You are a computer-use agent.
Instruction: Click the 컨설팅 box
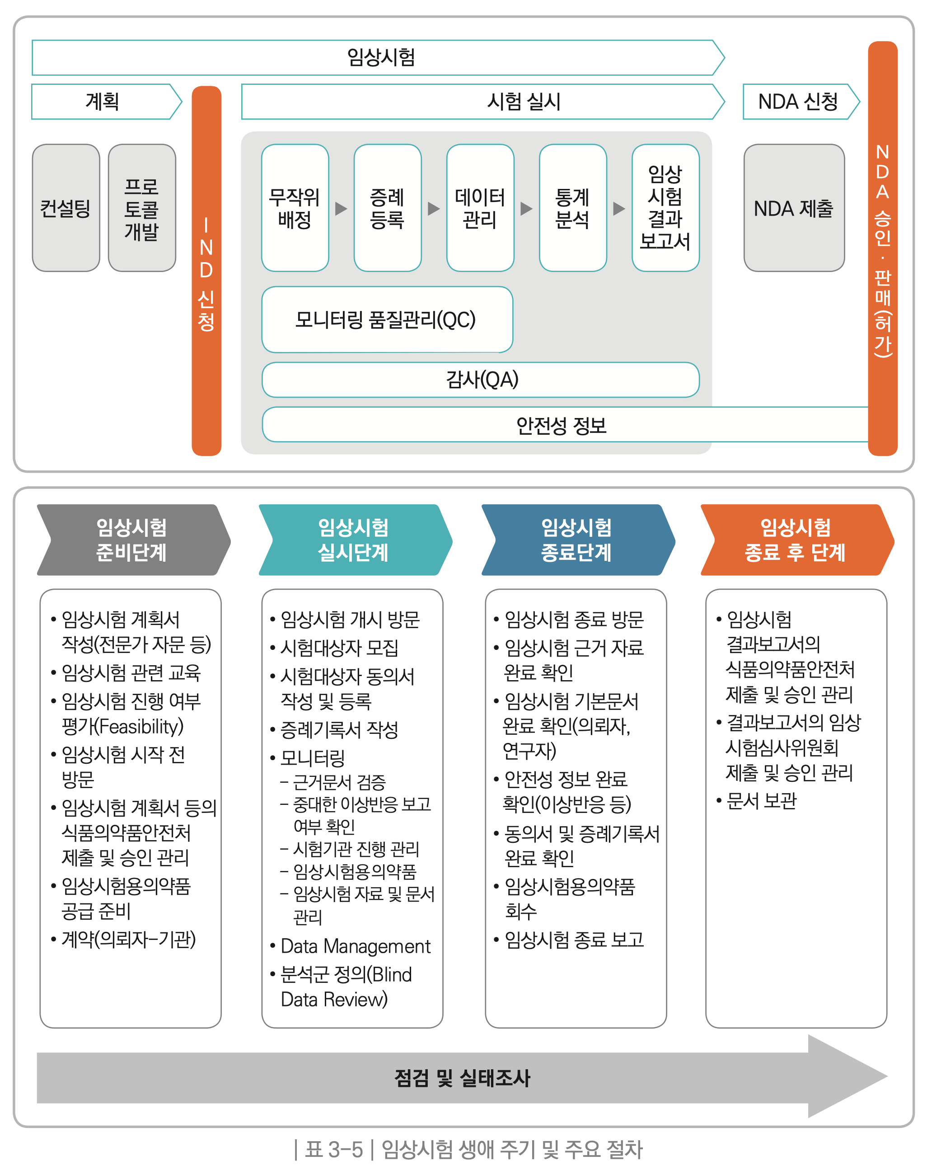(x=66, y=208)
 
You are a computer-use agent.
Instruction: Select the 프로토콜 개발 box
(x=142, y=208)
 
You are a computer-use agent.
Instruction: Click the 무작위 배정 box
(x=295, y=208)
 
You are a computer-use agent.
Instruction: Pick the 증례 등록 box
(x=387, y=208)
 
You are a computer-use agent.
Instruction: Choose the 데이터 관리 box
(x=480, y=208)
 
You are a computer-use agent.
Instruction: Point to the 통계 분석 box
(x=572, y=208)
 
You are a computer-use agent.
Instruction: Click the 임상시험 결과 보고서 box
(x=665, y=208)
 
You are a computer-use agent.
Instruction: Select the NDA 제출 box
(x=793, y=208)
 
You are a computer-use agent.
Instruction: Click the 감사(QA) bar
(x=480, y=380)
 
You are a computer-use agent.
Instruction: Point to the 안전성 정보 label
(x=561, y=425)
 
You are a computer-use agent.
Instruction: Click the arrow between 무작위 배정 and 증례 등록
(x=341, y=208)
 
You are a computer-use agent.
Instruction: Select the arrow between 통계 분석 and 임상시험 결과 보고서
(x=619, y=208)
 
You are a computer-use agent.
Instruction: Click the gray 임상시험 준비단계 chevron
(x=132, y=540)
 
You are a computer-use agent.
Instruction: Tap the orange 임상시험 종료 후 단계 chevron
(x=796, y=540)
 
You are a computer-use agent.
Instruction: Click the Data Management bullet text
(x=356, y=946)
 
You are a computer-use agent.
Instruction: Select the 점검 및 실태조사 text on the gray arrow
(x=462, y=1078)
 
